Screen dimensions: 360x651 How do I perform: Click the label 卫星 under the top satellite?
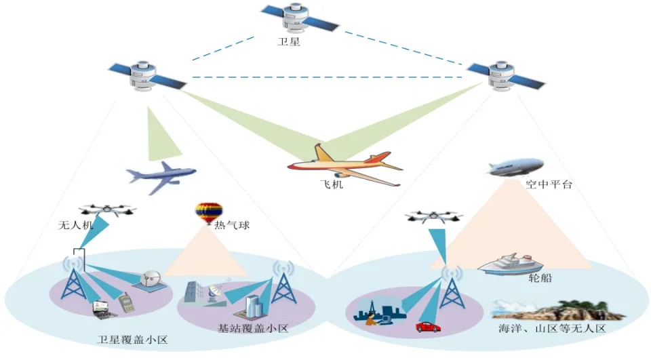coord(289,41)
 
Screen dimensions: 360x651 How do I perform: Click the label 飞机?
coord(332,184)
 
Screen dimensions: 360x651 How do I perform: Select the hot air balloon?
coord(208,212)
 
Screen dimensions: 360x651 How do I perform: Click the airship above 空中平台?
coord(515,167)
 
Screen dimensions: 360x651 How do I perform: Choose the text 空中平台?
coord(549,184)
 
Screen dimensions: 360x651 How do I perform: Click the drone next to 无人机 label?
coord(106,210)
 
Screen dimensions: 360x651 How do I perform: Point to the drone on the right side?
coord(434,217)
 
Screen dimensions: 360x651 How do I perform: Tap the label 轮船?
coord(540,278)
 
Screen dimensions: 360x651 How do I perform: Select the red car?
coord(428,327)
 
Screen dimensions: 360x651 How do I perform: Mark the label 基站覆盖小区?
coord(252,329)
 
